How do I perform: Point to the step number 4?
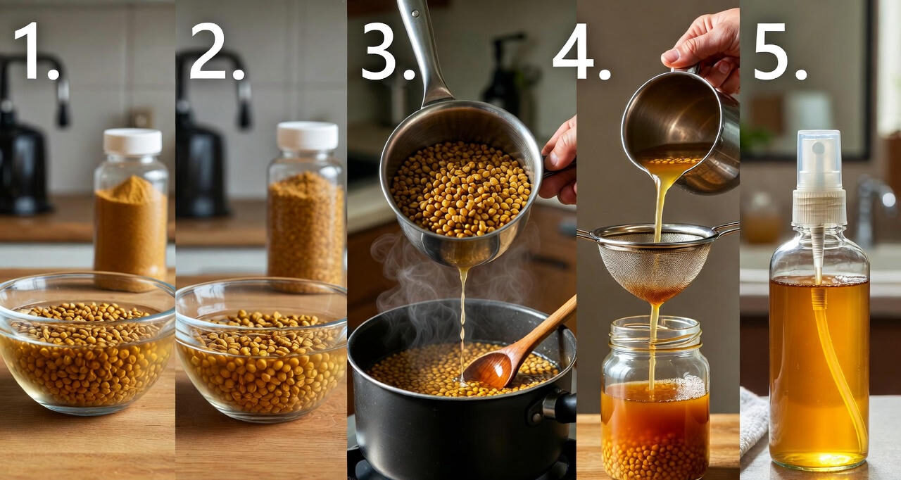tap(581, 51)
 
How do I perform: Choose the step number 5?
tap(781, 51)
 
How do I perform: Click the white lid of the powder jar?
tap(133, 141)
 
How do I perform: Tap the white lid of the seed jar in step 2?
tap(308, 136)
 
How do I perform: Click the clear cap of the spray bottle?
tap(819, 160)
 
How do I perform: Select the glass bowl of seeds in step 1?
tap(87, 343)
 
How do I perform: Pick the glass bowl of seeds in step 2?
tap(261, 349)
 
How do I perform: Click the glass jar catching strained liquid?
tap(655, 398)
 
